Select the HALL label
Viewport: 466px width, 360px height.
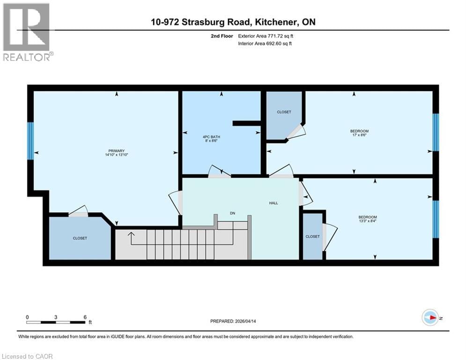(x=274, y=203)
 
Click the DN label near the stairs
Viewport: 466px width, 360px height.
(x=232, y=213)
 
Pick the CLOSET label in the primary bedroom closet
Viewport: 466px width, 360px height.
(x=80, y=238)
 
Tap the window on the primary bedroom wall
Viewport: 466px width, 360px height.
(x=30, y=141)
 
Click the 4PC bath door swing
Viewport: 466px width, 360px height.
(x=218, y=171)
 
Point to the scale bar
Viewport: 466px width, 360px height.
(x=56, y=322)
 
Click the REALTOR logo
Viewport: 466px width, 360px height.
(x=27, y=32)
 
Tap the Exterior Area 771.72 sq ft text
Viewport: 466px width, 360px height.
(x=266, y=35)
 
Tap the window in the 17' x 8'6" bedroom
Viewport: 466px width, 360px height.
(x=435, y=132)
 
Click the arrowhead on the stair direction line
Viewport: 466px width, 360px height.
(x=132, y=233)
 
